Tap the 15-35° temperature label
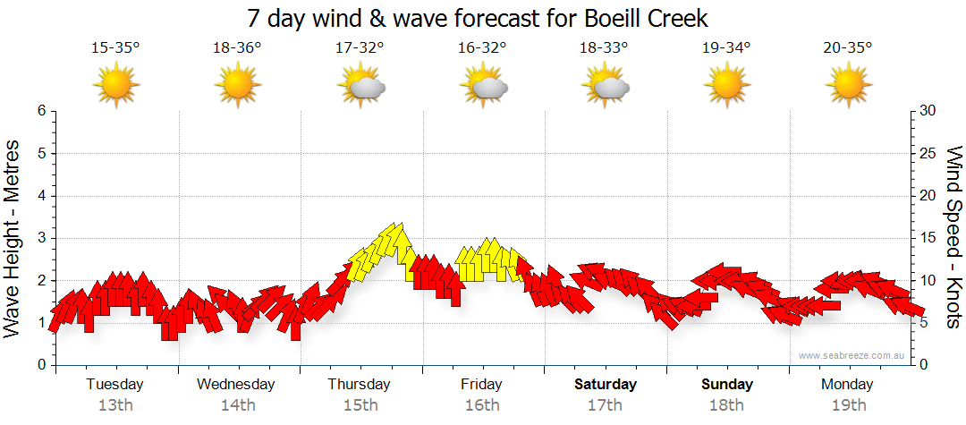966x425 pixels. coord(115,48)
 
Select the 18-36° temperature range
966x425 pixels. coord(237,48)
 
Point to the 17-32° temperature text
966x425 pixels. coord(360,48)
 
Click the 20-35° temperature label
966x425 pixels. coord(848,48)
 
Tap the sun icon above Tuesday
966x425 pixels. coord(115,86)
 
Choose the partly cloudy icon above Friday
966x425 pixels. coord(484,86)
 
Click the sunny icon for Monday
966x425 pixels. coord(848,86)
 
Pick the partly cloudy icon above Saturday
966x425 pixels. coord(605,86)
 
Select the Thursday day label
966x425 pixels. coord(360,385)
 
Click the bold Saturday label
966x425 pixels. coord(605,385)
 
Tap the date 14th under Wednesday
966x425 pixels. coord(237,405)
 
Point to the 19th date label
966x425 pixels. coord(848,405)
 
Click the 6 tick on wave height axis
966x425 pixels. coord(41,111)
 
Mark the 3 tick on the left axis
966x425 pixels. coord(41,238)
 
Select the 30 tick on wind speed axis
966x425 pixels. coord(928,111)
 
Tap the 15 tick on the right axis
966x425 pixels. coord(928,238)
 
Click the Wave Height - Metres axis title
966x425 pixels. coord(13,238)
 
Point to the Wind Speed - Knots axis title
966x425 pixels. coord(953,238)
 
